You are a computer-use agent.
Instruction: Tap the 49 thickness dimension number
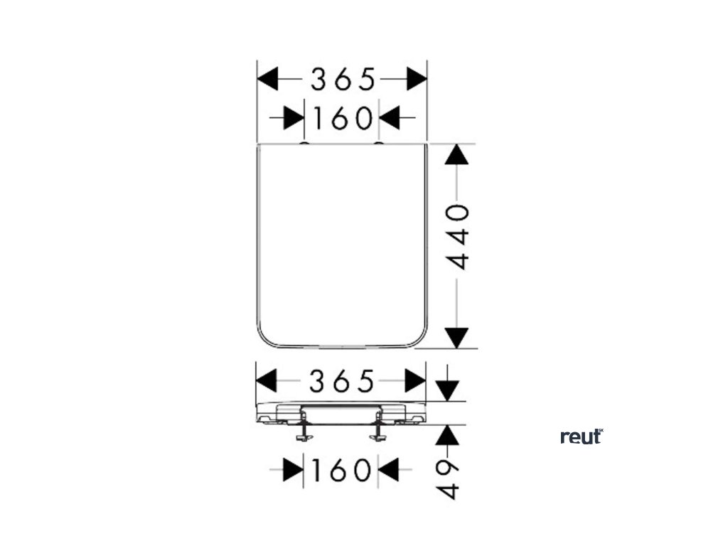pyautogui.click(x=447, y=479)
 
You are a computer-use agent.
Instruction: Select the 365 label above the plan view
pyautogui.click(x=342, y=80)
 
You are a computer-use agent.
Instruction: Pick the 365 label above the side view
pyautogui.click(x=341, y=382)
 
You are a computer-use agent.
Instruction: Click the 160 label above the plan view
pyautogui.click(x=341, y=118)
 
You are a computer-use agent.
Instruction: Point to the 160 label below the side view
pyautogui.click(x=341, y=469)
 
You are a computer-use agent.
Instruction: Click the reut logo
pyautogui.click(x=582, y=437)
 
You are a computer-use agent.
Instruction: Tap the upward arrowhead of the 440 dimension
pyautogui.click(x=457, y=154)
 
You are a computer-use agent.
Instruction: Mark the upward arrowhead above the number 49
pyautogui.click(x=447, y=436)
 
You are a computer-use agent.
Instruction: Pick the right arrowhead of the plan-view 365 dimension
pyautogui.click(x=417, y=80)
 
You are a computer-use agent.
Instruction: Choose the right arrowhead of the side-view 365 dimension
pyautogui.click(x=415, y=381)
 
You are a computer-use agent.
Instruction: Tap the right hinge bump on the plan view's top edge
pyautogui.click(x=378, y=144)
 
